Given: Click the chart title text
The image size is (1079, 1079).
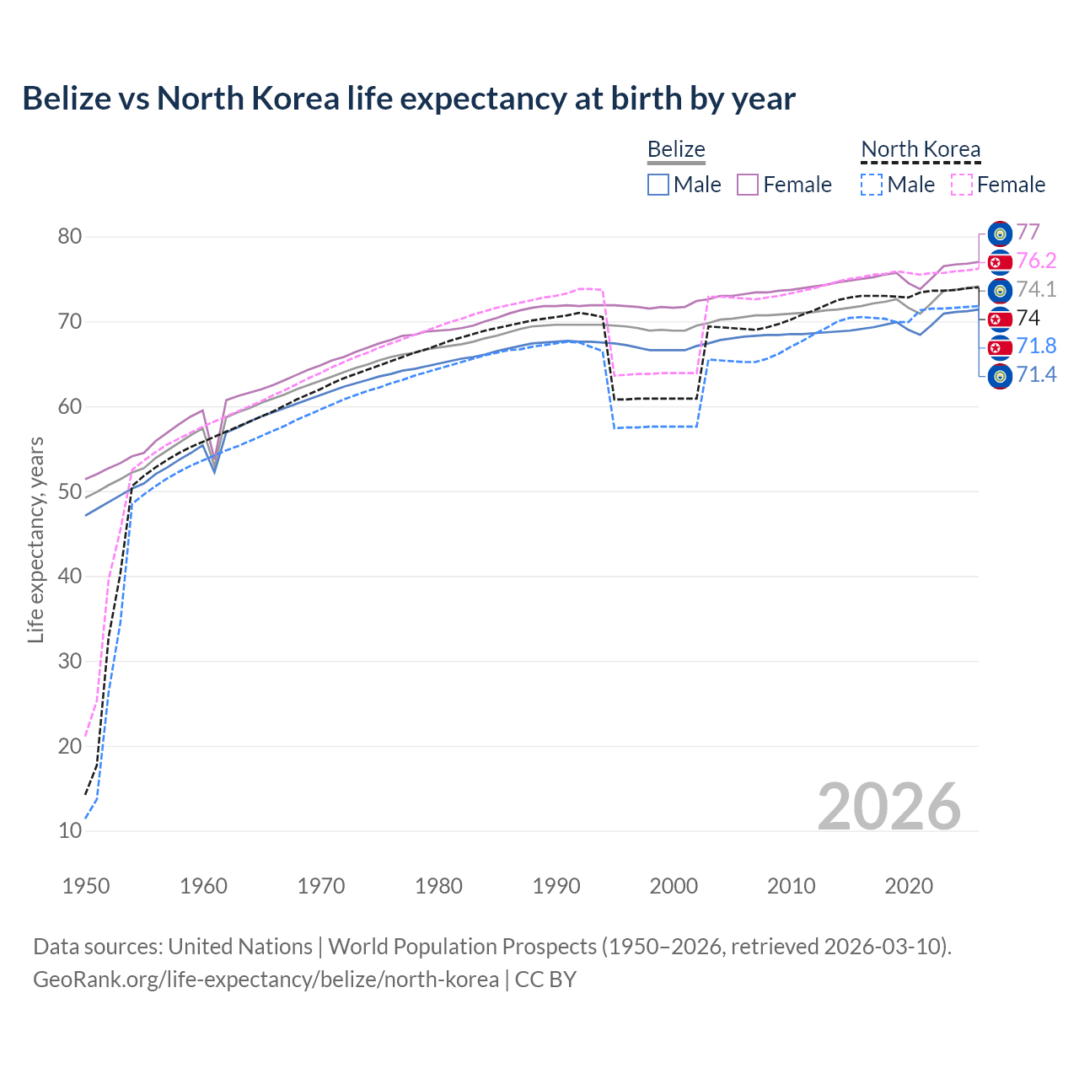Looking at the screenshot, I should [409, 99].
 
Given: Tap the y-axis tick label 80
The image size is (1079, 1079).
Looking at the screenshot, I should [70, 237].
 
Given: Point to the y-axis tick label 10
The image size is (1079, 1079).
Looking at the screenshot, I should [70, 831].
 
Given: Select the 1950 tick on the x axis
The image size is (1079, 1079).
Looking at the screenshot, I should [86, 886].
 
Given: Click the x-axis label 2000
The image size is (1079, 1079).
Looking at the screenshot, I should [674, 886].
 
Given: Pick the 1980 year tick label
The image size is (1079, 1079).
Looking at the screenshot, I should [438, 886].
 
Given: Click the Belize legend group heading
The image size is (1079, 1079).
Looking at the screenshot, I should [676, 149].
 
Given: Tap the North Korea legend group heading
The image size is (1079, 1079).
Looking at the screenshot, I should [921, 149].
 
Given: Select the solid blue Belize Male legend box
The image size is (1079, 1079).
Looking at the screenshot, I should [658, 185].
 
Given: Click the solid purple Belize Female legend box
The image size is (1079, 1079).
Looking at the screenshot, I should [748, 185].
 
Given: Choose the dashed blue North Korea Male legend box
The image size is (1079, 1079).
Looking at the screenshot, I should [872, 185].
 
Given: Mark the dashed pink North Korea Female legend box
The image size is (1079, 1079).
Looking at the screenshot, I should [961, 185].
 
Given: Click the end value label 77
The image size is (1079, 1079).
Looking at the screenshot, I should [1028, 232].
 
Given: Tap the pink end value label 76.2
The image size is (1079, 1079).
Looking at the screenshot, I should [1036, 261].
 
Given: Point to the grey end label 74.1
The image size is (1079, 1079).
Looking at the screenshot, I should [1036, 290].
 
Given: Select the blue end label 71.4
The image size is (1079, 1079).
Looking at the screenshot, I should [1036, 375].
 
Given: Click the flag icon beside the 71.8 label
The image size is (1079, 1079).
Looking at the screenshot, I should [1000, 347].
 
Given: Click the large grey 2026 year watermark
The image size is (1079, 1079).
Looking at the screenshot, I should [888, 807].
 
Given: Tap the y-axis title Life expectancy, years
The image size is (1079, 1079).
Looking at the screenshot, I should [35, 539].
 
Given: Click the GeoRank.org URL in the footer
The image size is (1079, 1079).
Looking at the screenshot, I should [266, 980].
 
